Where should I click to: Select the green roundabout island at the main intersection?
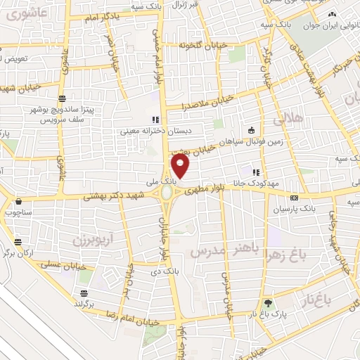click(x=167, y=193)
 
